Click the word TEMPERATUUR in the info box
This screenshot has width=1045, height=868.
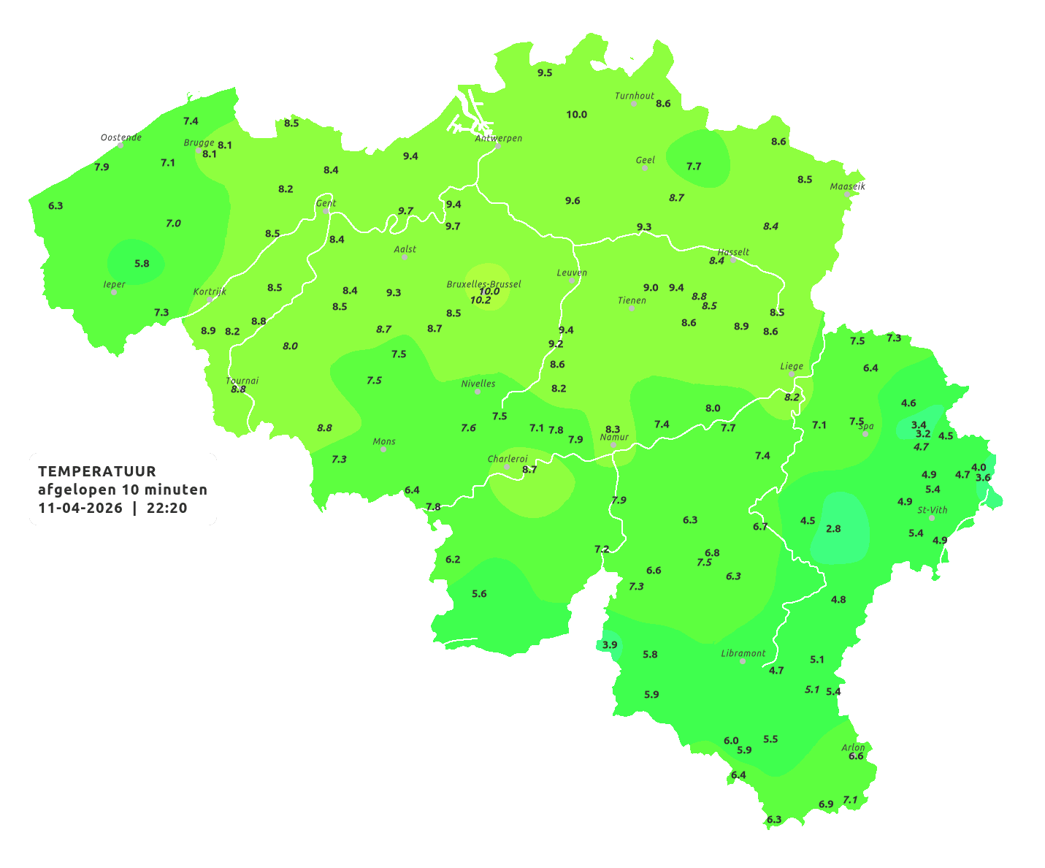(x=97, y=471)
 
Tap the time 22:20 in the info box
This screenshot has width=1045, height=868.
(x=167, y=508)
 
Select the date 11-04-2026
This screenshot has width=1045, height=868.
(x=80, y=508)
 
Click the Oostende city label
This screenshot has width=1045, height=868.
(x=121, y=137)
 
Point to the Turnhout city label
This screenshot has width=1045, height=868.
(x=635, y=96)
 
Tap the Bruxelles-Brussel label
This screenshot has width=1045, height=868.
(x=484, y=283)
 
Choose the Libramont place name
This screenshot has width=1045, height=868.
(x=743, y=653)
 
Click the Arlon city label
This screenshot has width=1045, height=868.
(x=853, y=747)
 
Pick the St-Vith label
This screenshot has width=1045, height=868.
(x=933, y=510)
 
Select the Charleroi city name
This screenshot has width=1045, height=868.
(x=508, y=459)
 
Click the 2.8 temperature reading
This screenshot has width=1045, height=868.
(x=833, y=528)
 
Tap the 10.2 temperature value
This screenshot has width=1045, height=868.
(x=481, y=300)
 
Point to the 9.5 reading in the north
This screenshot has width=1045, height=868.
(x=545, y=73)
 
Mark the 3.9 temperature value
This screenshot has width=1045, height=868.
(x=610, y=644)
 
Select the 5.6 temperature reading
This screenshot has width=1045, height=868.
(x=479, y=593)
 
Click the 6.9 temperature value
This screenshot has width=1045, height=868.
(x=826, y=804)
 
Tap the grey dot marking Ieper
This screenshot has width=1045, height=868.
(x=113, y=292)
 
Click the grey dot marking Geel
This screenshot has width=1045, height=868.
(x=645, y=168)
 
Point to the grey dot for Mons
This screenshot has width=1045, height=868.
(x=383, y=449)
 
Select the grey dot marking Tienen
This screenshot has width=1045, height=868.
(x=632, y=308)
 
